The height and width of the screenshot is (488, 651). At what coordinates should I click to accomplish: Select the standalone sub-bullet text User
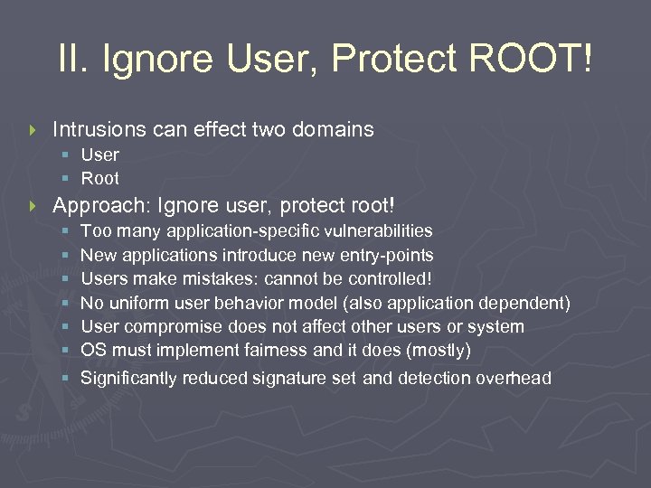pos(99,155)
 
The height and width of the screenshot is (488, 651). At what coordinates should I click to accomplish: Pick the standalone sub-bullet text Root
pos(99,178)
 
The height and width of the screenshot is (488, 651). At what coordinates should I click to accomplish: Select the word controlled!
pos(399,279)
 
